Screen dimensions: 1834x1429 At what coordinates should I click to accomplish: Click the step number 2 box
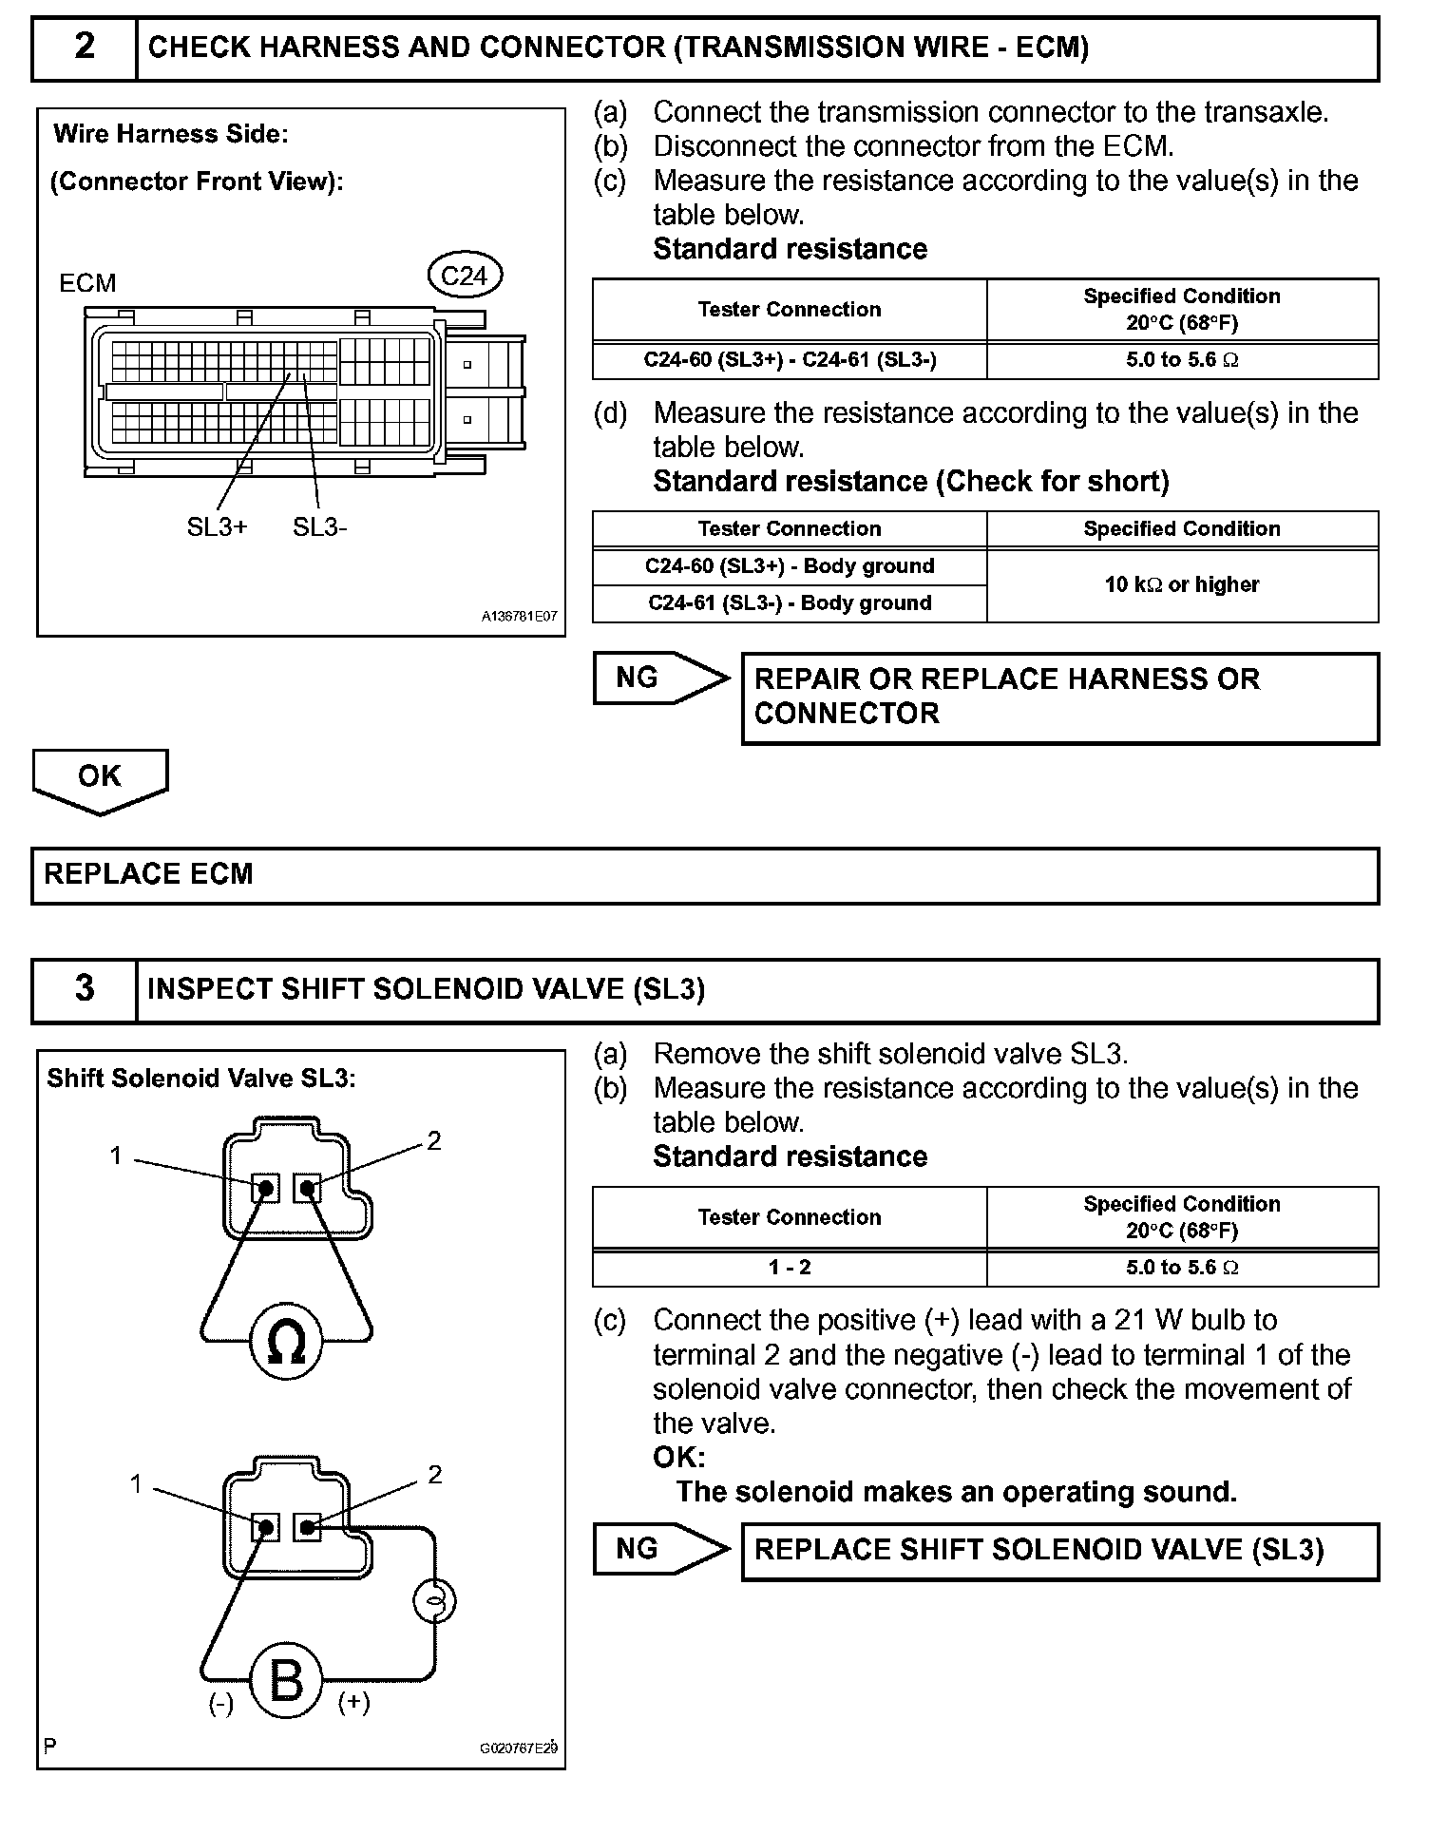point(85,48)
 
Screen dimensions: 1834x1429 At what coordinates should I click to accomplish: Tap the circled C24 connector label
point(464,276)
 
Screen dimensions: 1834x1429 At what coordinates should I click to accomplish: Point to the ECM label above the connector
point(87,283)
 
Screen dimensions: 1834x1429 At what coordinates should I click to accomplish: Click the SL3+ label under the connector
point(217,527)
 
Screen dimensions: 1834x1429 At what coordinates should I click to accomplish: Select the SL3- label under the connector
point(320,527)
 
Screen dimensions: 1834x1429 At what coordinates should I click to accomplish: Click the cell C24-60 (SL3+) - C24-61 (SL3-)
point(790,360)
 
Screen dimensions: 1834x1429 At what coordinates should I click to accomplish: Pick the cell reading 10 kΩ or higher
point(1182,584)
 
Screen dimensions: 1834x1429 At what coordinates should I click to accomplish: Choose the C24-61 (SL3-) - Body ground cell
point(790,603)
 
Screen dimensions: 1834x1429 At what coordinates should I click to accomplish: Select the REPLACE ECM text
point(149,874)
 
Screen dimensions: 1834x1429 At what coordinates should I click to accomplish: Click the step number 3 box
point(85,989)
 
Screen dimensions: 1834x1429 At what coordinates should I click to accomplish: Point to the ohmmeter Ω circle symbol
point(286,1343)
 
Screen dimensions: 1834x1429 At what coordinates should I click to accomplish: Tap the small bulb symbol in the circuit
point(434,1602)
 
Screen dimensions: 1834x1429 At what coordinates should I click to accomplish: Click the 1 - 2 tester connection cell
point(790,1268)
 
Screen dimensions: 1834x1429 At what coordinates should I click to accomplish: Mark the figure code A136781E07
point(519,617)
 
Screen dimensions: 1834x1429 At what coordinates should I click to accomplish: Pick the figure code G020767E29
point(519,1748)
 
